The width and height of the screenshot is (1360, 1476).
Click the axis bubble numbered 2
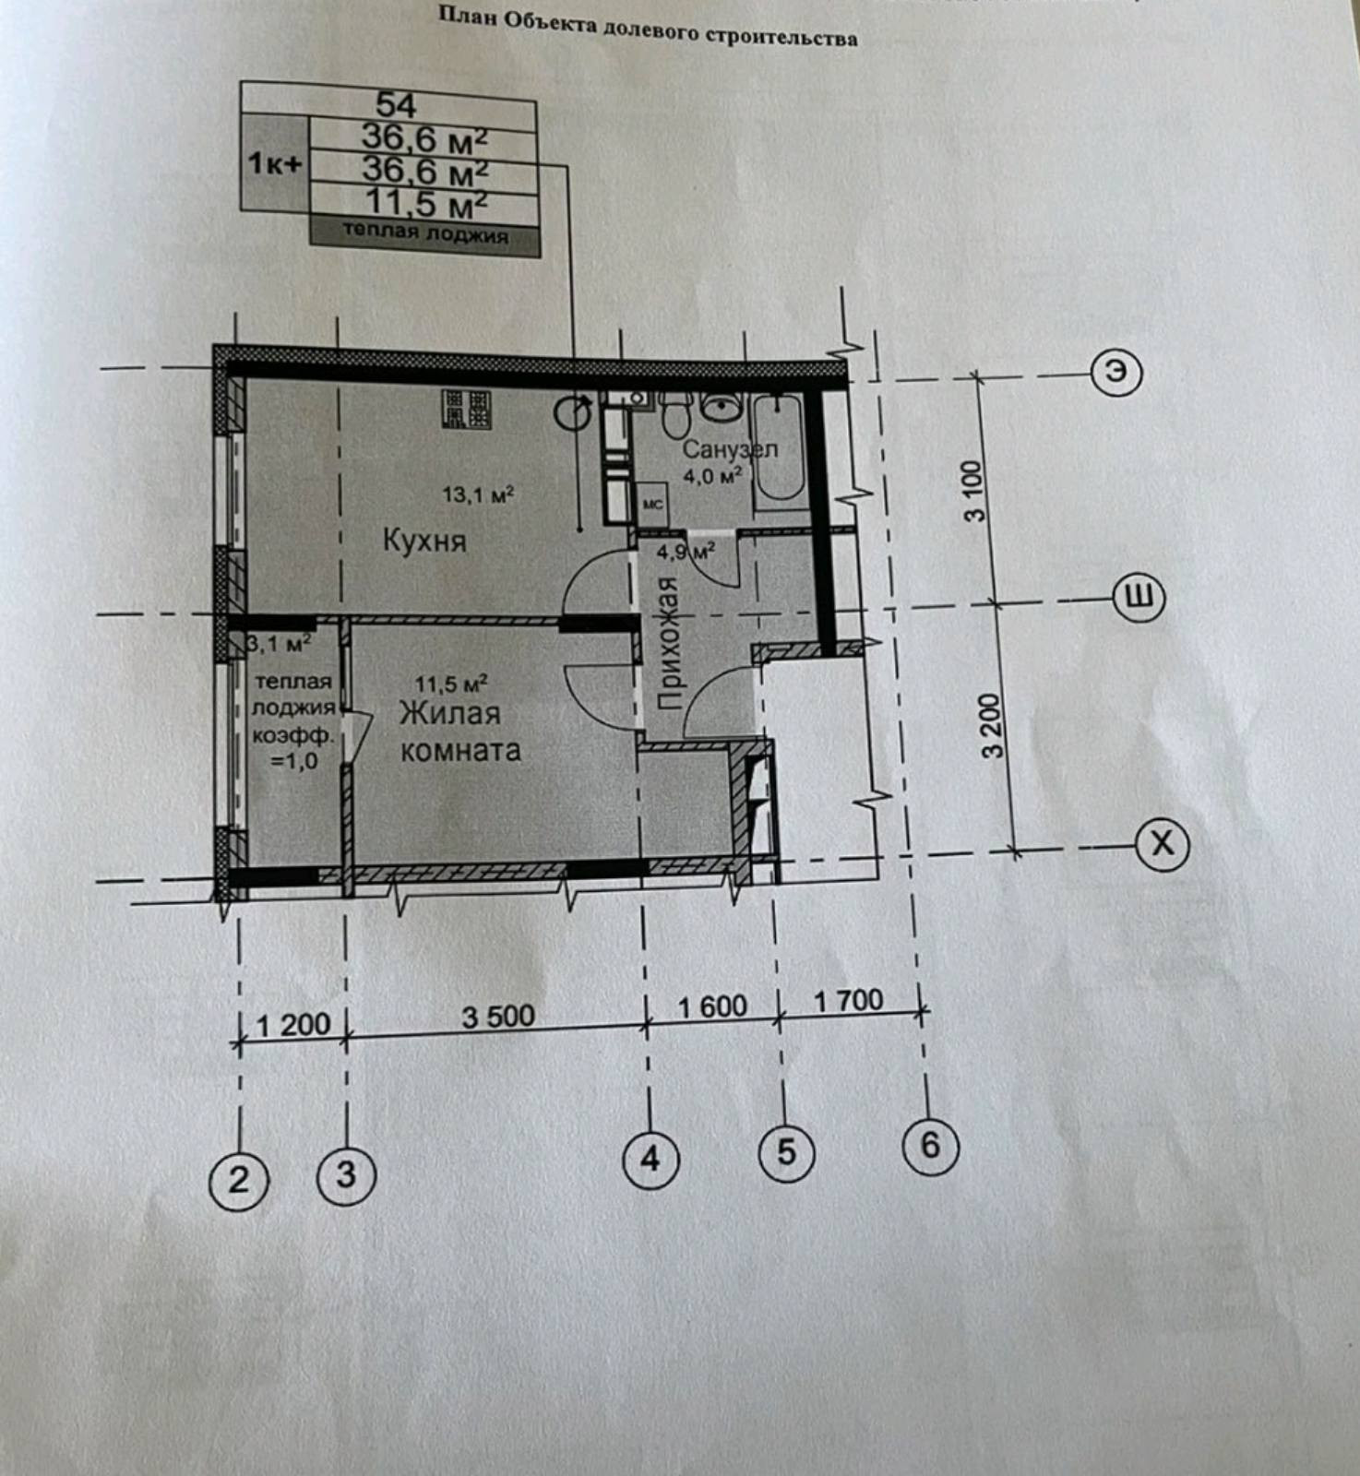point(238,1179)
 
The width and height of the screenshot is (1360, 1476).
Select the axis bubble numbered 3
point(345,1174)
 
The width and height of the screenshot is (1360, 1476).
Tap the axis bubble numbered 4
point(650,1158)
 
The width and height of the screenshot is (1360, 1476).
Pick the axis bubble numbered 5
point(785,1151)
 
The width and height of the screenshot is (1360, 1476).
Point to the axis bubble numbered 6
point(930,1145)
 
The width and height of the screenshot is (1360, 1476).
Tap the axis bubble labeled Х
point(1163,843)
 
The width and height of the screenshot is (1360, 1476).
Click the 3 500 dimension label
point(498,1017)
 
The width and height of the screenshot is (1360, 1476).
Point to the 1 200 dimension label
point(292,1025)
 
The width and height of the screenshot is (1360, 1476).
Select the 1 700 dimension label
point(848,1000)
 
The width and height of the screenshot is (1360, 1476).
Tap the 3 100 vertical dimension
point(975,490)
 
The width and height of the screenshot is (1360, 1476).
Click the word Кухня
point(424,541)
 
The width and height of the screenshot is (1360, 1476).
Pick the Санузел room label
point(729,449)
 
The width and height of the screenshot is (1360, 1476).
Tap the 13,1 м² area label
point(477,494)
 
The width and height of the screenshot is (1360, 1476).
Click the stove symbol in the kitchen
point(466,409)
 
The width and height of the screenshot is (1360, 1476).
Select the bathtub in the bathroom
point(780,448)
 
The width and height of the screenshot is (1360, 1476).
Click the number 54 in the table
point(397,104)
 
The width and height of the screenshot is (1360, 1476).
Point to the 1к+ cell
point(274,164)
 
